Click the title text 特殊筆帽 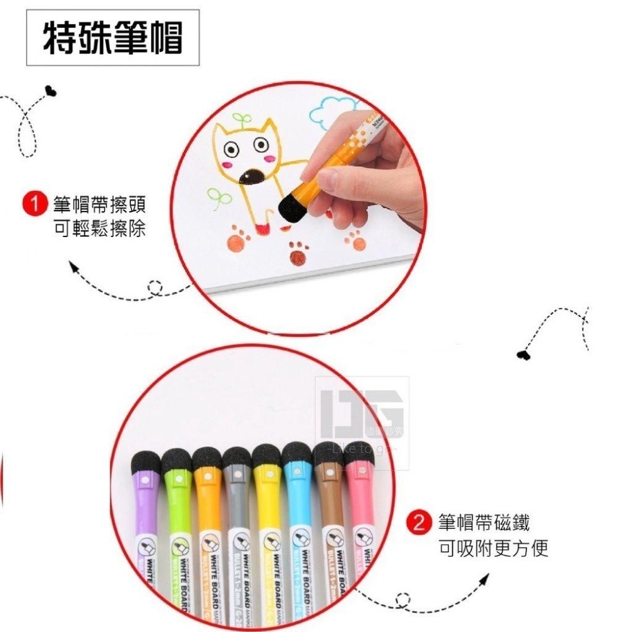click(112, 38)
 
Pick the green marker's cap click(177, 480)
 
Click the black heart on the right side click(523, 354)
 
